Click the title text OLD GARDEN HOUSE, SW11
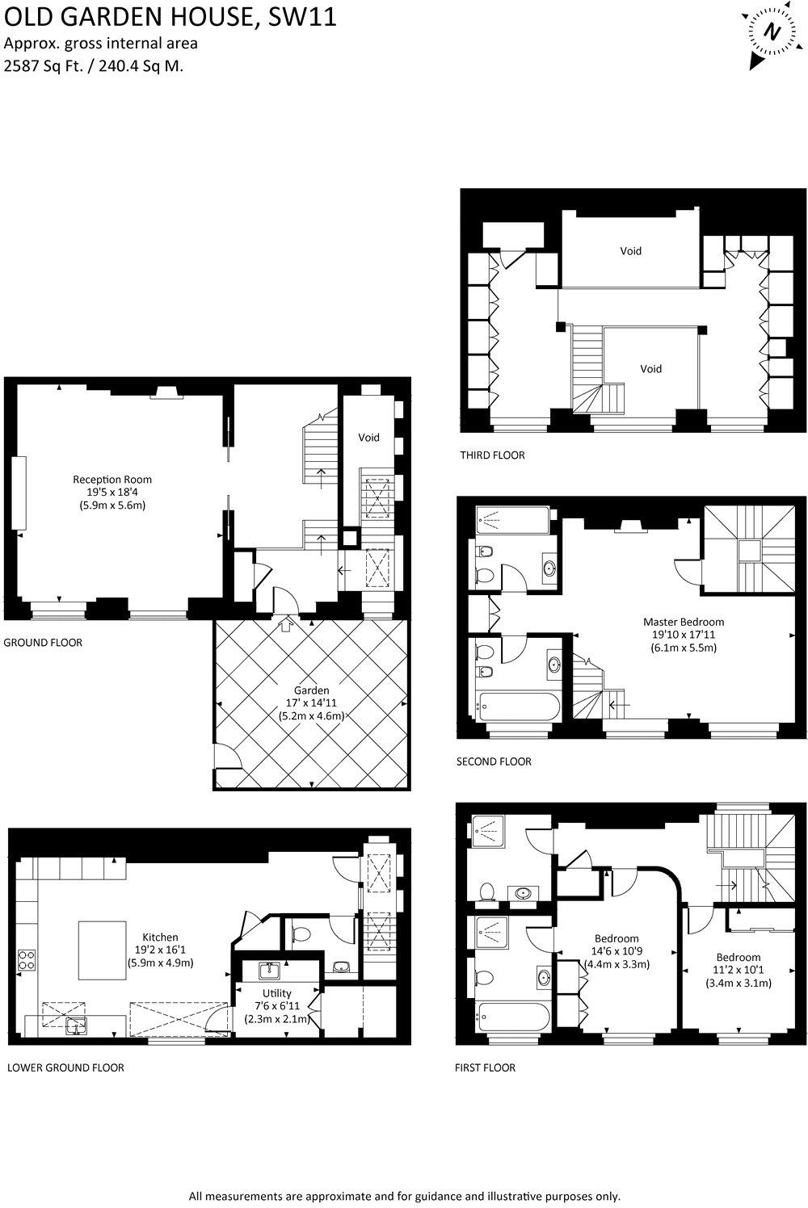[x=170, y=17]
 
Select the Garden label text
[x=311, y=690]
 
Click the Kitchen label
[x=160, y=937]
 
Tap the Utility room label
[x=276, y=993]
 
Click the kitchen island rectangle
[x=101, y=950]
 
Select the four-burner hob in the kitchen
[x=26, y=958]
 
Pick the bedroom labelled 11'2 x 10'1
[x=738, y=970]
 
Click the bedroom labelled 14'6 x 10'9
[x=617, y=951]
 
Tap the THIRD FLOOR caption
[x=492, y=455]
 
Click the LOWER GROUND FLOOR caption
[x=65, y=1067]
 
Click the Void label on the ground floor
[x=368, y=438]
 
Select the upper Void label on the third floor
[x=630, y=251]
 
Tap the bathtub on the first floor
[x=514, y=1016]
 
